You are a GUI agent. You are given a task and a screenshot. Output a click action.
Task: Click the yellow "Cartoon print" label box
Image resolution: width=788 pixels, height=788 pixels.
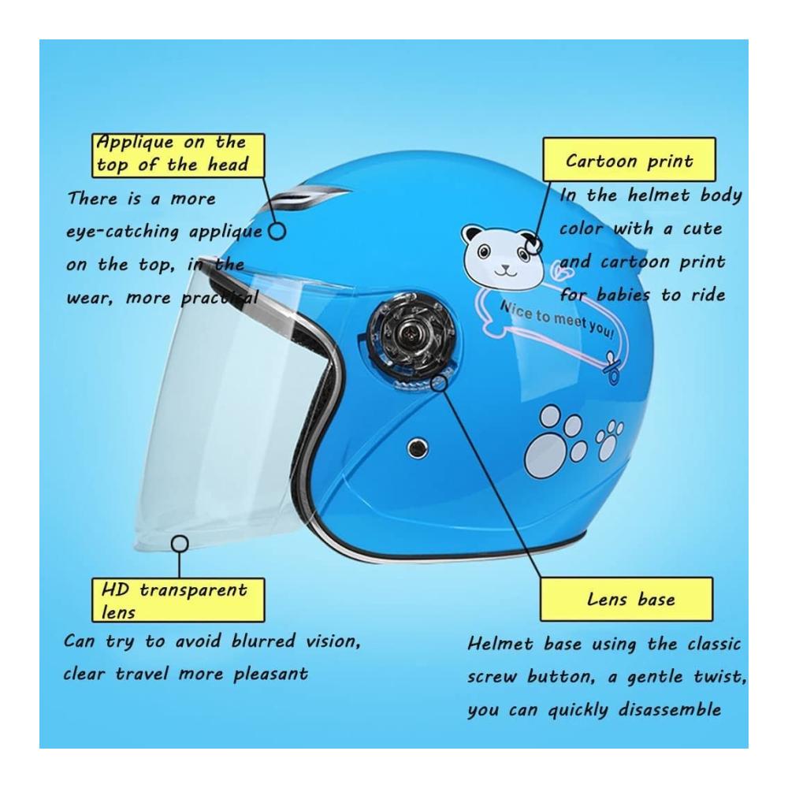click(629, 159)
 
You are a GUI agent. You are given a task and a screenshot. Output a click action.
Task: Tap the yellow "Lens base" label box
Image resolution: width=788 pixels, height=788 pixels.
click(626, 599)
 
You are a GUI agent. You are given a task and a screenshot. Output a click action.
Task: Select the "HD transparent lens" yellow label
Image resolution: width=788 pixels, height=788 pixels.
click(178, 600)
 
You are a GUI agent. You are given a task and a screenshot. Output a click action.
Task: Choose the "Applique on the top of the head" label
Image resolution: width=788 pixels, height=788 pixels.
click(178, 155)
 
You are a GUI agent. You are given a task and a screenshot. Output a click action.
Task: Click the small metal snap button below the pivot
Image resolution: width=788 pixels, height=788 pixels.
click(418, 447)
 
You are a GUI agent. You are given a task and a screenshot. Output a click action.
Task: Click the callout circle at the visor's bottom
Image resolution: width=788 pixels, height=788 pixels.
click(180, 544)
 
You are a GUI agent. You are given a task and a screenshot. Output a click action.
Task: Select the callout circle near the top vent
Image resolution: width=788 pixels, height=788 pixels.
click(277, 231)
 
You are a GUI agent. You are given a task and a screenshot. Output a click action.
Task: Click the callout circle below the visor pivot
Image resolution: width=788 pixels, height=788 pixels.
click(439, 383)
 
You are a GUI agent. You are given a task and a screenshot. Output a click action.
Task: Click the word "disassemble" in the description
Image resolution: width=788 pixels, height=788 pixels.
click(669, 709)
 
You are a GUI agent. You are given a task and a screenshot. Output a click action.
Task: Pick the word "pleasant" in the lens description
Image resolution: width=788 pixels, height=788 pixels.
click(269, 674)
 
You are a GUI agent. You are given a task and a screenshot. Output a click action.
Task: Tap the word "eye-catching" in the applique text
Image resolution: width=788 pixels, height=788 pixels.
click(123, 232)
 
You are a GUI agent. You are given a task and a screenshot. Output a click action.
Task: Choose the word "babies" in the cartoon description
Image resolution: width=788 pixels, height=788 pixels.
click(623, 295)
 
